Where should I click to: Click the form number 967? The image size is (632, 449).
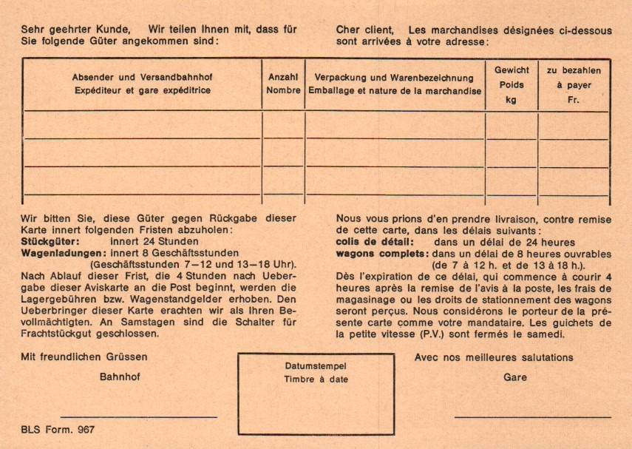[x=86, y=429]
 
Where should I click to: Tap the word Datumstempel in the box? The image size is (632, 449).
[x=316, y=366]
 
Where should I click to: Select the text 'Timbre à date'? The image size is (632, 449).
[x=316, y=379]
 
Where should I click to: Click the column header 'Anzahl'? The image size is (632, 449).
[x=283, y=76]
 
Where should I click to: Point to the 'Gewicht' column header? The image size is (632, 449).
[x=512, y=70]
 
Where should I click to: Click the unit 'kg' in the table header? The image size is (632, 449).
[x=512, y=100]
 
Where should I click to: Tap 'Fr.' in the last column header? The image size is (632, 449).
[x=574, y=100]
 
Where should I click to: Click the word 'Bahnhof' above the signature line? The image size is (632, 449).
[x=120, y=376]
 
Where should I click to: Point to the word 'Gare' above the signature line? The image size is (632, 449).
[x=515, y=377]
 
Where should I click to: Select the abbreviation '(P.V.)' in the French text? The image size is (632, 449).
[x=428, y=334]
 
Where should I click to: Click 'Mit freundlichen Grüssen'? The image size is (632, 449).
[x=84, y=357]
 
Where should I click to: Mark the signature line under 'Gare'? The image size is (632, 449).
[x=532, y=417]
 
